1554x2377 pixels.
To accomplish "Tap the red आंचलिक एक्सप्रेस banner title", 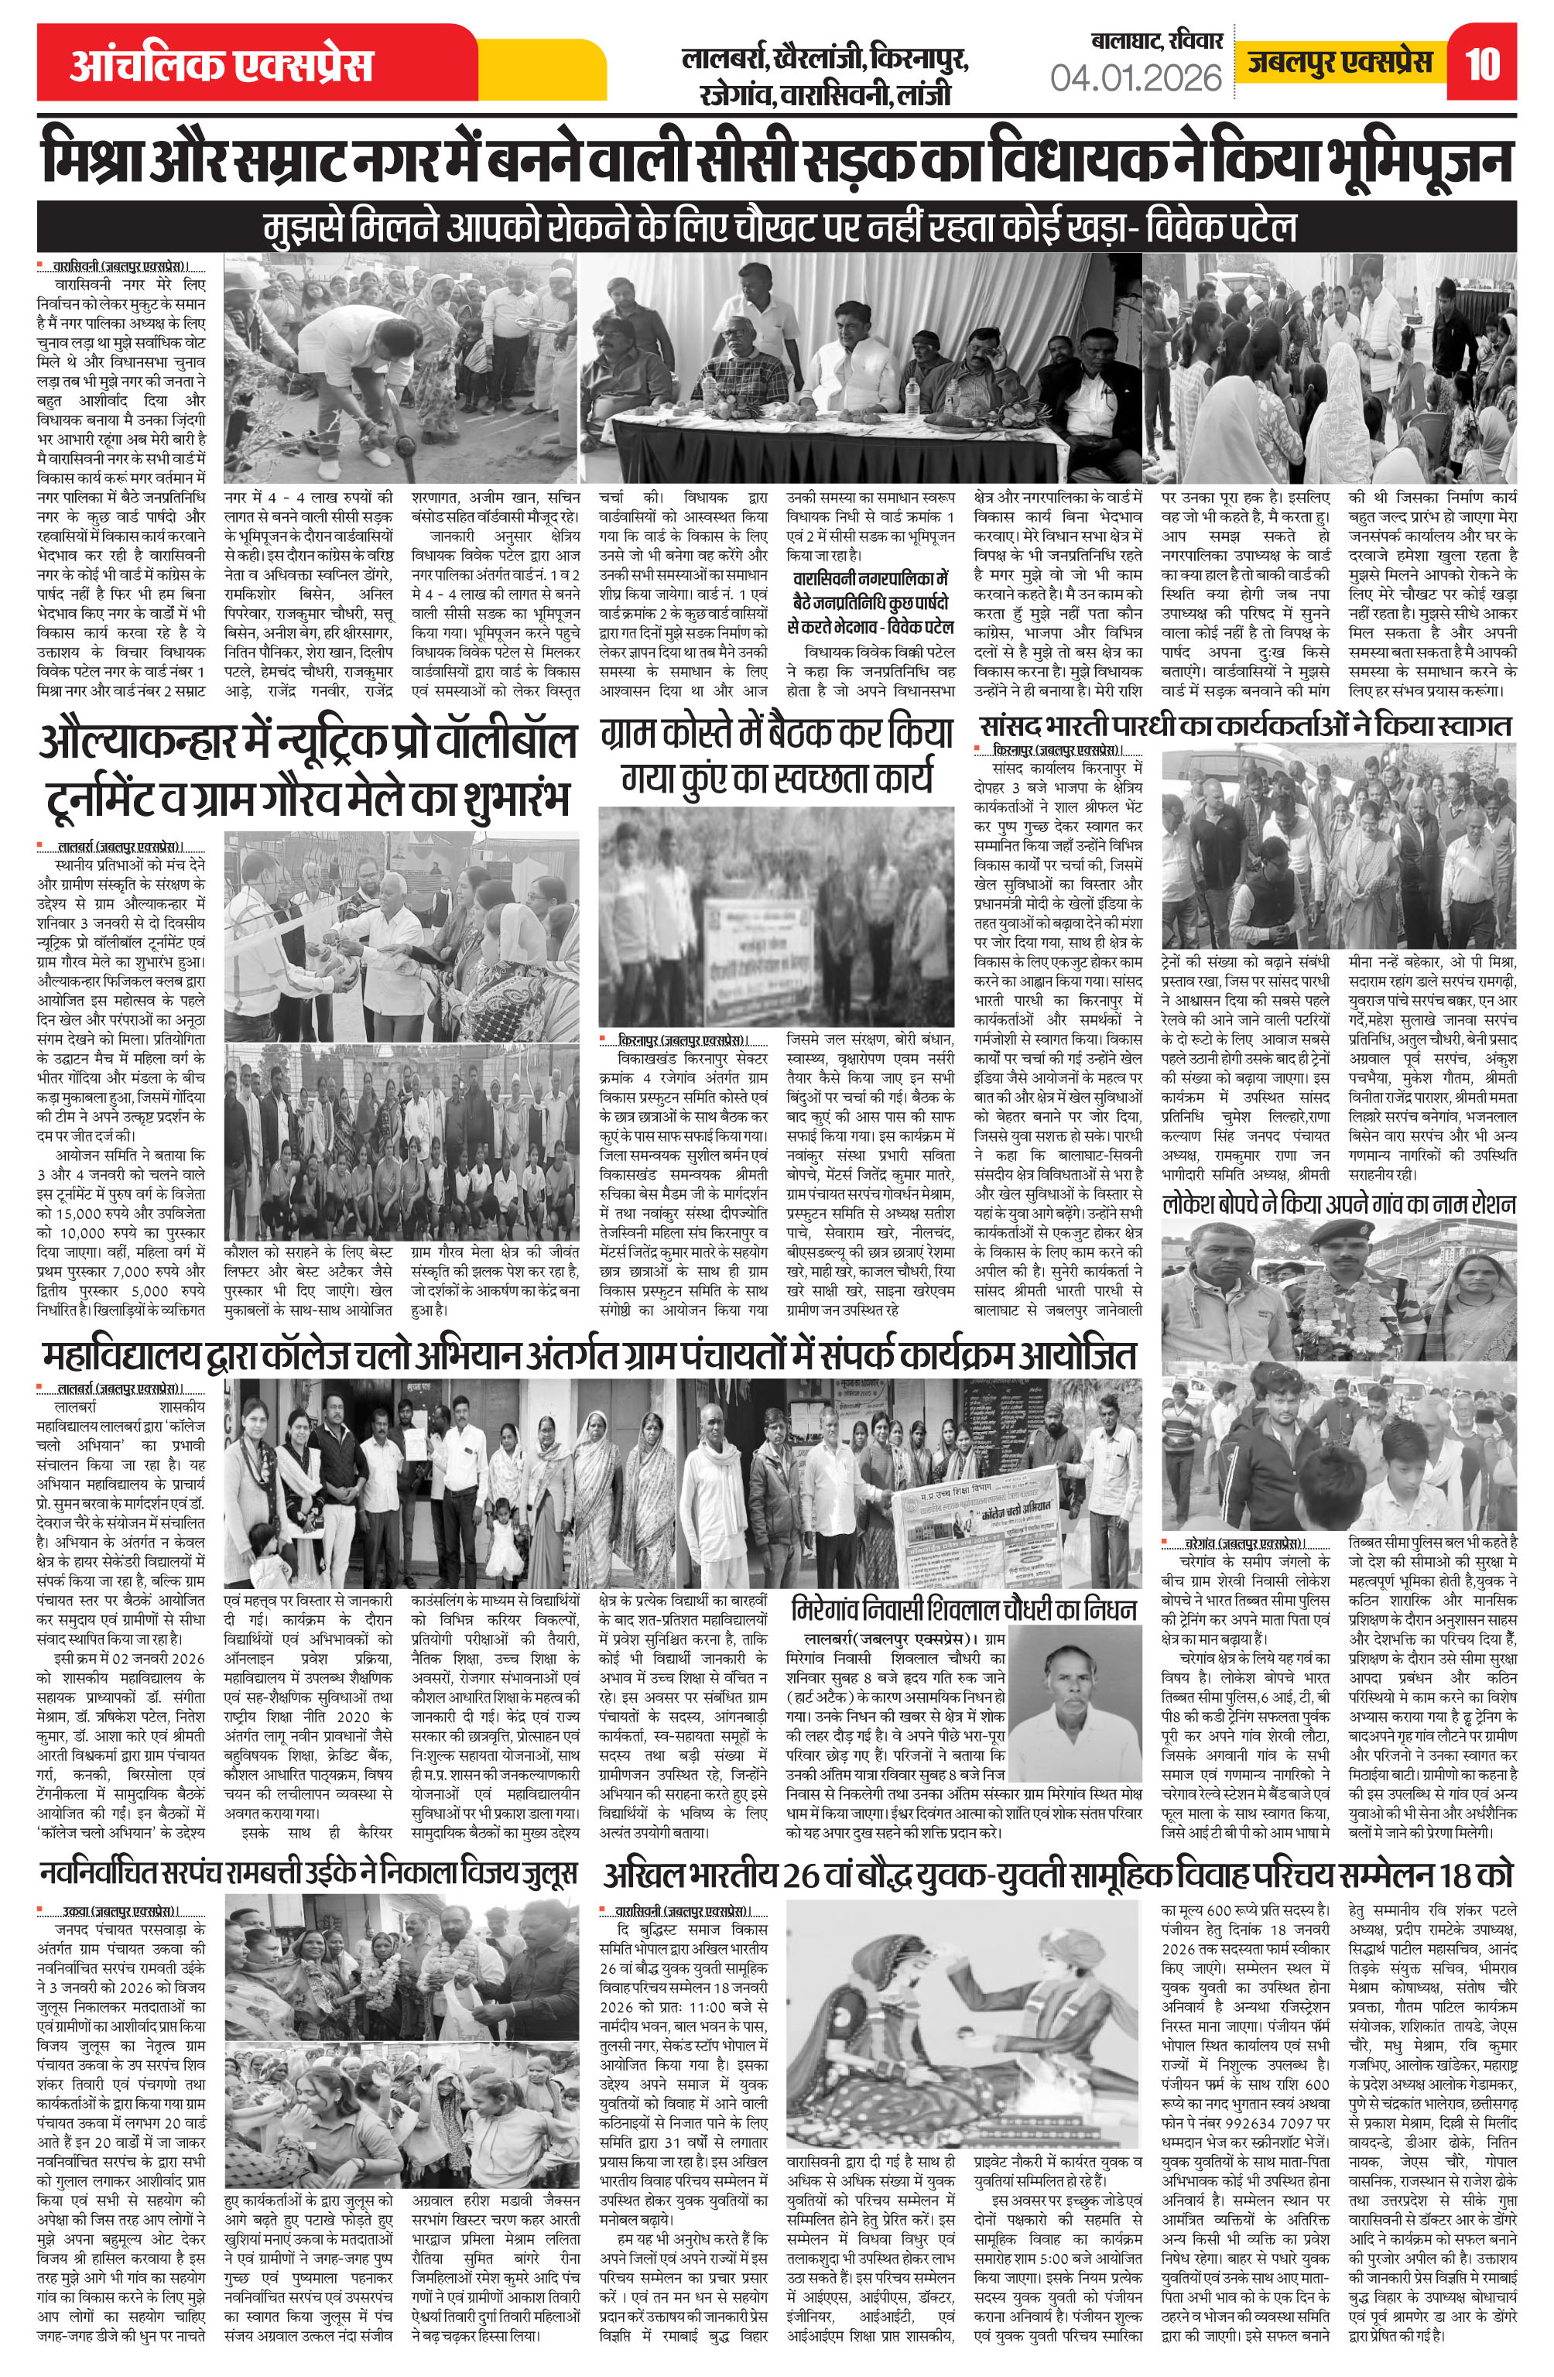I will coord(221,66).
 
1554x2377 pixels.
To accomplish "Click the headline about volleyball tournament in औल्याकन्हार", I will coord(307,770).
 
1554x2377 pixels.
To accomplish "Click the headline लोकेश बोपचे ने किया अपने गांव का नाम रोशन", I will coord(1338,1204).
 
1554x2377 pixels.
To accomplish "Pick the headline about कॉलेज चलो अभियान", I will coord(589,1355).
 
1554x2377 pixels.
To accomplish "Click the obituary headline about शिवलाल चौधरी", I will coord(963,1610).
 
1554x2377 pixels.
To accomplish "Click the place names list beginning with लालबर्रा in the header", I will coord(824,77).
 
